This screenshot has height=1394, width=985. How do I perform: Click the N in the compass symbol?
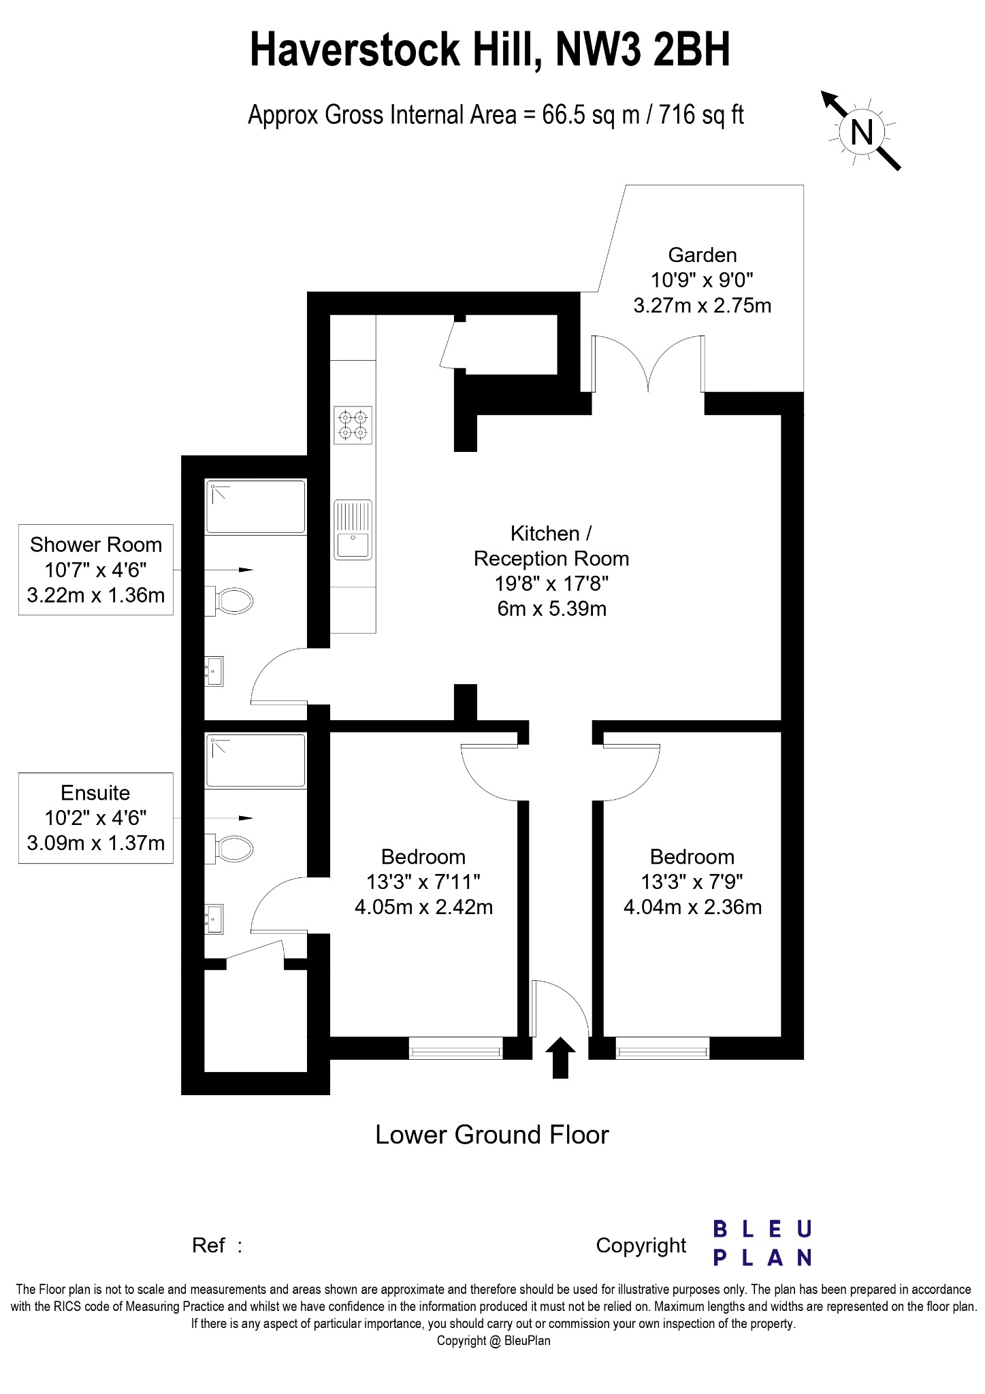pos(862,131)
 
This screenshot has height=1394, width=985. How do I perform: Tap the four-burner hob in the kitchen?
pos(353,425)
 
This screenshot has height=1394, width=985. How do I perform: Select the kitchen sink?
pos(353,530)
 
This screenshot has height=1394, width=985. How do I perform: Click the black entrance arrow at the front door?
pos(560,1058)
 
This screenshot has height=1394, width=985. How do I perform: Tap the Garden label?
pos(703,255)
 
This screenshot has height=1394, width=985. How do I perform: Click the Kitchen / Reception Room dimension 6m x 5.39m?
pos(551,609)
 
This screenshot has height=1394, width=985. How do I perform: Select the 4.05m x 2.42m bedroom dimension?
pos(423,907)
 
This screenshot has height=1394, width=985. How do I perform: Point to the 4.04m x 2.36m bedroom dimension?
pos(692,907)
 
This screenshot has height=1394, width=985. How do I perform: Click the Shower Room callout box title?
pos(96,545)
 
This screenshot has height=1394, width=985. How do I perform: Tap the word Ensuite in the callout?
pos(95,793)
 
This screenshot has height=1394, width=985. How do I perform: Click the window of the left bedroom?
pos(456,1048)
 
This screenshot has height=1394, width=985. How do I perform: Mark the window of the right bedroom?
pos(662,1048)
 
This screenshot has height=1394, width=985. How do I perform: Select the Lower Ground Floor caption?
pos(492,1135)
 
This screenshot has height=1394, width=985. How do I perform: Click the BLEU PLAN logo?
pos(762,1243)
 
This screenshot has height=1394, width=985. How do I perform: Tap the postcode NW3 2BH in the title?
pos(643,50)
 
